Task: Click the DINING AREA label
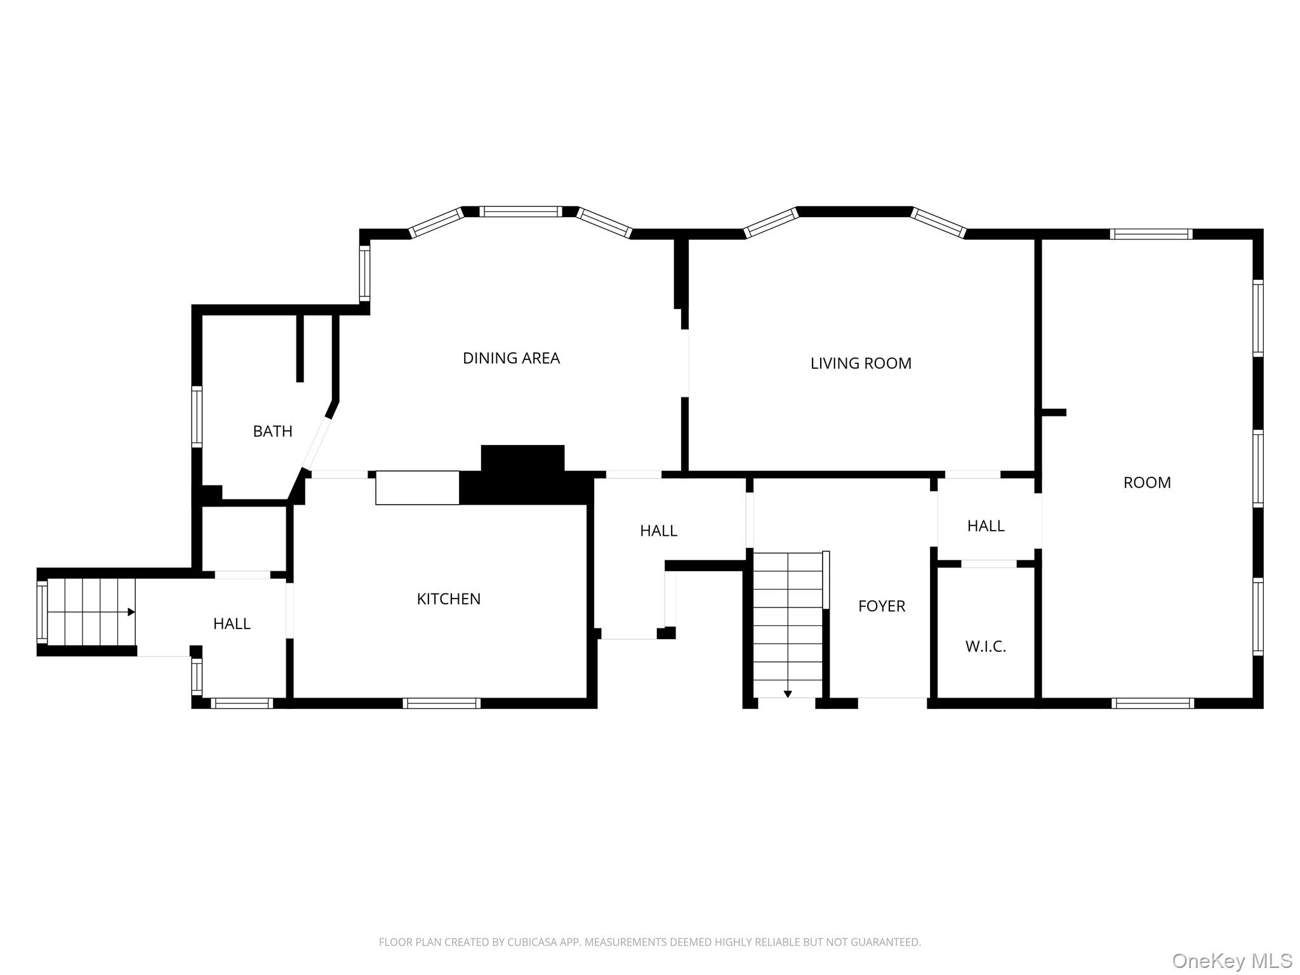coord(511,359)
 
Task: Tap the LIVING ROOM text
coord(861,364)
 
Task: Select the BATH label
coord(272,432)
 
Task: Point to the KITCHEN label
coord(448,599)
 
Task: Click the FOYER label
coord(881,606)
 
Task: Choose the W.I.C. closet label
coord(985,647)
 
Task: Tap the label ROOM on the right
coord(1146,483)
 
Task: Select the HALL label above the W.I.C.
coord(985,526)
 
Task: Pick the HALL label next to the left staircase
coord(232,624)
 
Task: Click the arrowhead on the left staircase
coord(131,612)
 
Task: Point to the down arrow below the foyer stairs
coord(787,694)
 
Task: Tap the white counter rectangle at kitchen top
coord(417,487)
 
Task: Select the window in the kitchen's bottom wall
coord(441,703)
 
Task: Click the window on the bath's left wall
coord(197,416)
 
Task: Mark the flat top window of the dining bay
coord(521,212)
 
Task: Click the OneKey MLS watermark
coord(1231,960)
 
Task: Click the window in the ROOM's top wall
coord(1151,234)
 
